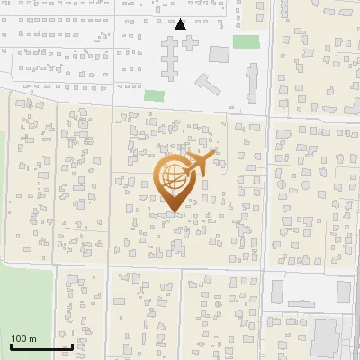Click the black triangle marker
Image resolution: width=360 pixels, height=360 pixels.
click(181, 24)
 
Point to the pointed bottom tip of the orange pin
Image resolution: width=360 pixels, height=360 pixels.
click(175, 213)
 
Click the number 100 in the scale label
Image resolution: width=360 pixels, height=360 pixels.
click(19, 338)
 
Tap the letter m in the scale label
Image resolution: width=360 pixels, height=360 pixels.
click(32, 338)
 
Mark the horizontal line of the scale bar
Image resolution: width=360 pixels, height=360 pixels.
click(41, 347)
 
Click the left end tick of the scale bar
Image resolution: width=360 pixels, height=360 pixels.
click(11, 346)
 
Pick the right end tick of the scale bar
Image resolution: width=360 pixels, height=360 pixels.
click(72, 346)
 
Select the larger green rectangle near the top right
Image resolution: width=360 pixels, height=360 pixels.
click(246, 41)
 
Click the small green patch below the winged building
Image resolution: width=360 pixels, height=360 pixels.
click(155, 94)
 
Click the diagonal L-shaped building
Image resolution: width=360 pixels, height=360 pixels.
click(208, 85)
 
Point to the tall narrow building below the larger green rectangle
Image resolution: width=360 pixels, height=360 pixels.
click(251, 83)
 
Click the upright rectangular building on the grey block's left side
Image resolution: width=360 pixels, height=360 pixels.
click(277, 291)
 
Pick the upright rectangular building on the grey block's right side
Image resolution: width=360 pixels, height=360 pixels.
click(343, 291)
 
